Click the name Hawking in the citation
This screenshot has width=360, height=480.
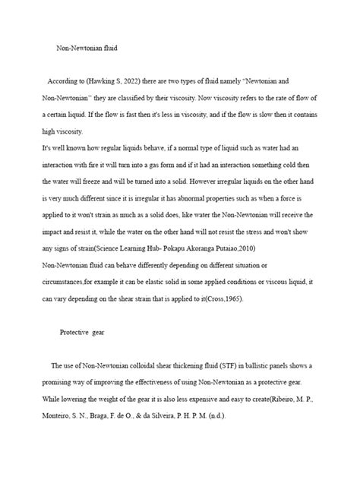[x=114, y=81]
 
